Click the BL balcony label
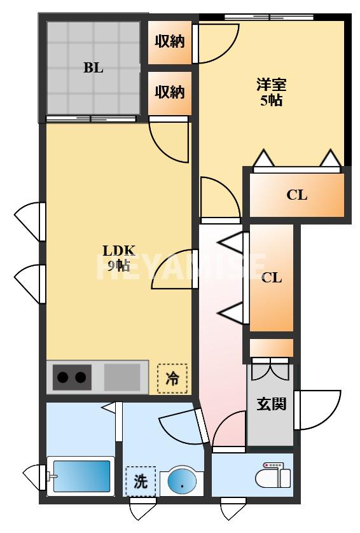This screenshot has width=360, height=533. pos(93,68)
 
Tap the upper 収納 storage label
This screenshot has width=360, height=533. pos(170,42)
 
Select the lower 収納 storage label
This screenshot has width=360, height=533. pos(170,92)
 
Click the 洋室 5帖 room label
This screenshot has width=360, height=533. pos(271,92)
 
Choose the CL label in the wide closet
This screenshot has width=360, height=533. pos(296,195)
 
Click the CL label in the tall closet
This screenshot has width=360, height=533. pos(272,277)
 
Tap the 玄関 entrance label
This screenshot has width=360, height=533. pos(271,403)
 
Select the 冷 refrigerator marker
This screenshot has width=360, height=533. pos(172,378)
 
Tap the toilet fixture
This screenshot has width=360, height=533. pos(275,476)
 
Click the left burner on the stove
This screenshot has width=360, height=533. pos(63,378)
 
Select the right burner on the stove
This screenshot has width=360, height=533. pos(80,378)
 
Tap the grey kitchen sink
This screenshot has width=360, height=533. pos(122,377)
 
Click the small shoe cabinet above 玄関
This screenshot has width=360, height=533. pos(271,348)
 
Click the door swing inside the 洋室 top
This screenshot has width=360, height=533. pos(216,43)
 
